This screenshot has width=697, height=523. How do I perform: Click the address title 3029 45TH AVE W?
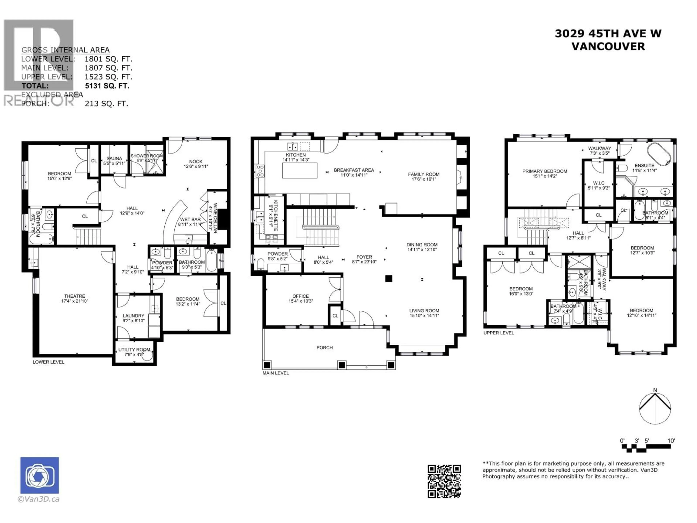coord(608,33)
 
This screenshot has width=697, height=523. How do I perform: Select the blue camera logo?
coord(39,475)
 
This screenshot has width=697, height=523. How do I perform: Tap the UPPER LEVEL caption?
coord(498,333)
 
